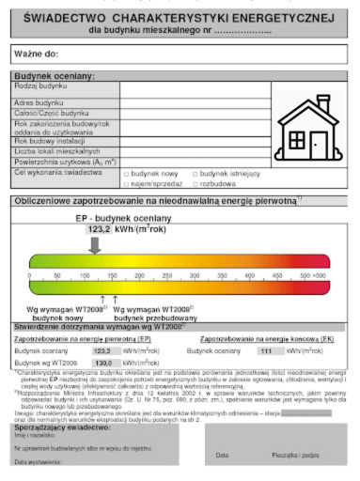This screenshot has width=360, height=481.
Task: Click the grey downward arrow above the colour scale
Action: coord(95,244)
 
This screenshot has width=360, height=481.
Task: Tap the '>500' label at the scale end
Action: coord(320,275)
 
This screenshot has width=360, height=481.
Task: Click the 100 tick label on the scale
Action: coord(86,275)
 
